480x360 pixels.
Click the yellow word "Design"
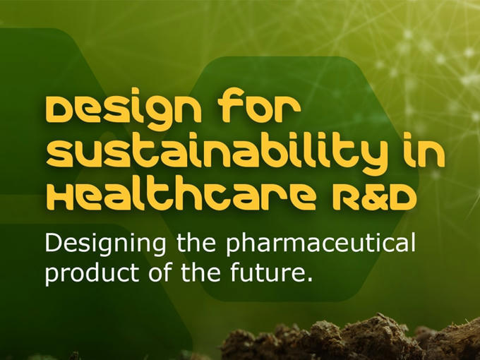tap(124, 109)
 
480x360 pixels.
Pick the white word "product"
tap(92, 272)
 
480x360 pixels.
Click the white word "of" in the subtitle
tap(160, 271)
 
